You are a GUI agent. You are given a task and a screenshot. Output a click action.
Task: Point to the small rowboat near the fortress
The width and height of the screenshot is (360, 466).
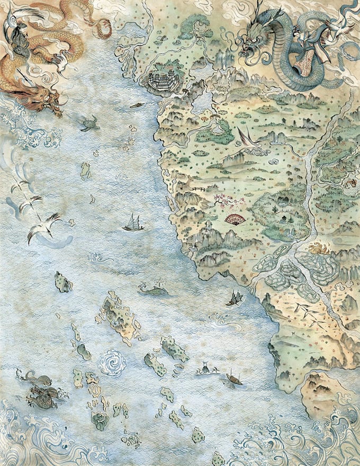pyautogui.click(x=137, y=105)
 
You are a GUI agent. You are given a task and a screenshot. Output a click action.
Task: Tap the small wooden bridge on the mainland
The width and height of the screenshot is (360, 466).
pyautogui.click(x=199, y=189)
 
